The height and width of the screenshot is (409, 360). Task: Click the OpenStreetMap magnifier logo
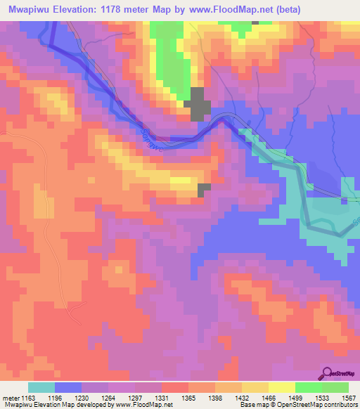coord(328,372)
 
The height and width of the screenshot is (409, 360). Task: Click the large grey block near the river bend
coord(199,104)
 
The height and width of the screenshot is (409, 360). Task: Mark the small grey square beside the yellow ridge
coord(204,189)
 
